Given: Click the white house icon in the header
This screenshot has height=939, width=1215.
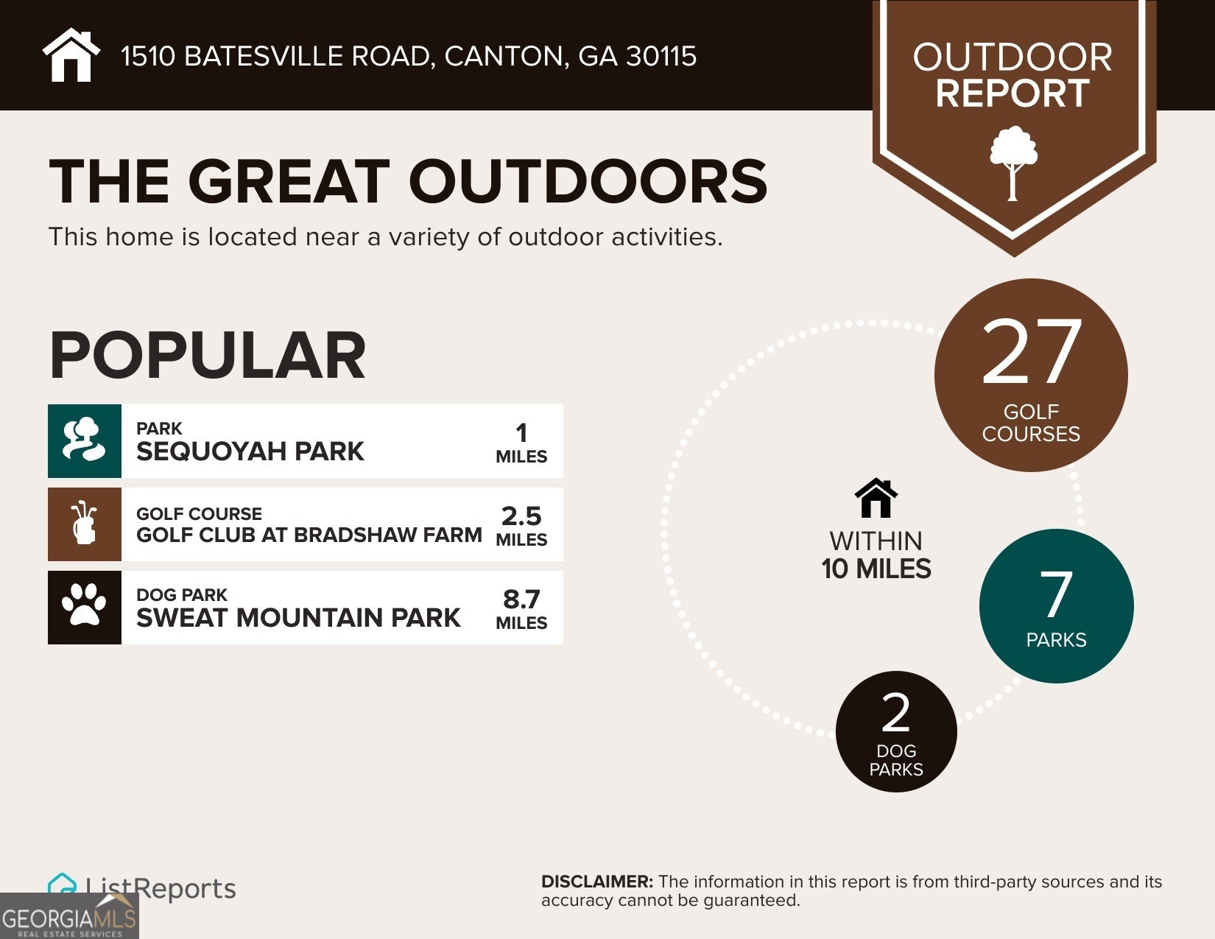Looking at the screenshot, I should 71,55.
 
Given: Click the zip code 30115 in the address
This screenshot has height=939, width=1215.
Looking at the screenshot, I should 661,57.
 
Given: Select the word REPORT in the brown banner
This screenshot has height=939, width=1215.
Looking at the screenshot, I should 1012,94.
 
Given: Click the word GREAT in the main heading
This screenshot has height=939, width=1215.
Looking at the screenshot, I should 288,181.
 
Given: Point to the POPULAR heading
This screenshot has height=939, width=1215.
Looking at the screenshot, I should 207,356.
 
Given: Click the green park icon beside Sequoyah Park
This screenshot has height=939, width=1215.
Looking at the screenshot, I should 85,440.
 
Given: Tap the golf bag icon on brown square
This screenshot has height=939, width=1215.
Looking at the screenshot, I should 85,524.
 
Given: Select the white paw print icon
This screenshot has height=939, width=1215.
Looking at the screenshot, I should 85,607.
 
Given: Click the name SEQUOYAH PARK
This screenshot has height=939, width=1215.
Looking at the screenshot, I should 250,451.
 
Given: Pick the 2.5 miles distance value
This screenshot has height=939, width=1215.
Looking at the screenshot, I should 521,516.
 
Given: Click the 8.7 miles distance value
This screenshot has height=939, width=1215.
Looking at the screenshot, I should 521,599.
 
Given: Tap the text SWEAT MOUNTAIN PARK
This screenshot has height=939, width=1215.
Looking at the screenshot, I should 298,617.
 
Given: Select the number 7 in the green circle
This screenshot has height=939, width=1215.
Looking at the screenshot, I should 1055,595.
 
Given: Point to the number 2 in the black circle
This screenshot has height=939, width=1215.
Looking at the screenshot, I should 895,713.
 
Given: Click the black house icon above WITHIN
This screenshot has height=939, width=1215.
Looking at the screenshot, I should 876,499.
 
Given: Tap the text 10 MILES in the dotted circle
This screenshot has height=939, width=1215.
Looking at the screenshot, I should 876,569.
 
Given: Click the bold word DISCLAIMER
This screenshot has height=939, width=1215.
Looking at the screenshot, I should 596,882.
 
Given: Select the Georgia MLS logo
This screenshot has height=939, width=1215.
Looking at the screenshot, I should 69,917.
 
